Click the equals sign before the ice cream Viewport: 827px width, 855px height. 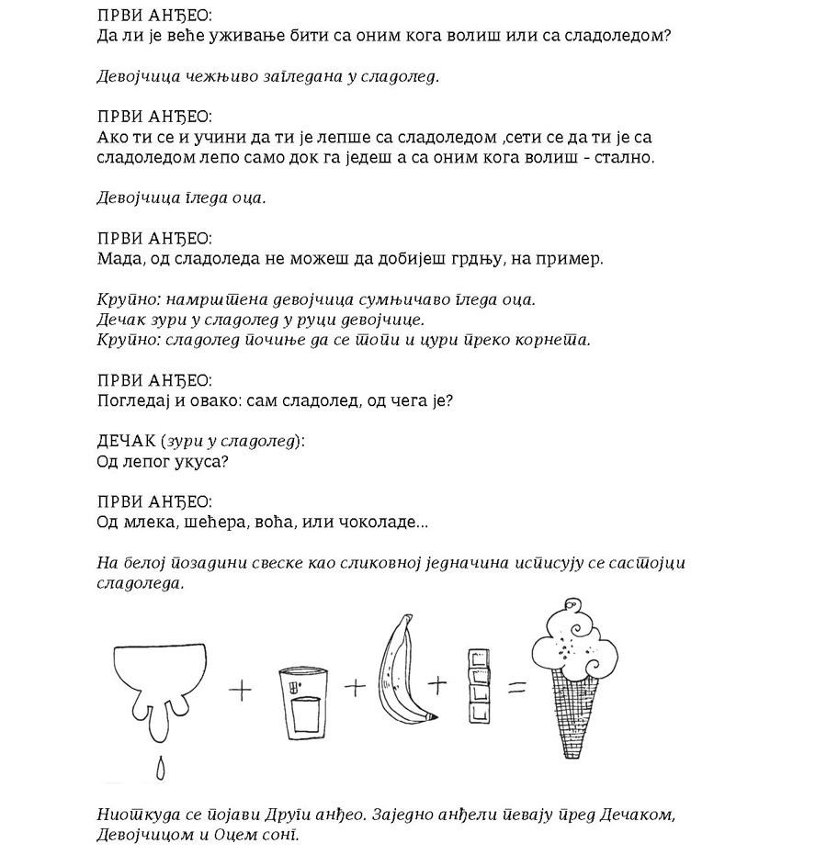tap(516, 686)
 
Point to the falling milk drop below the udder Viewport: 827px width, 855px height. tap(161, 769)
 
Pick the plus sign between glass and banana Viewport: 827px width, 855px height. tap(354, 687)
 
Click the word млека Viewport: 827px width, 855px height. tap(143, 523)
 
